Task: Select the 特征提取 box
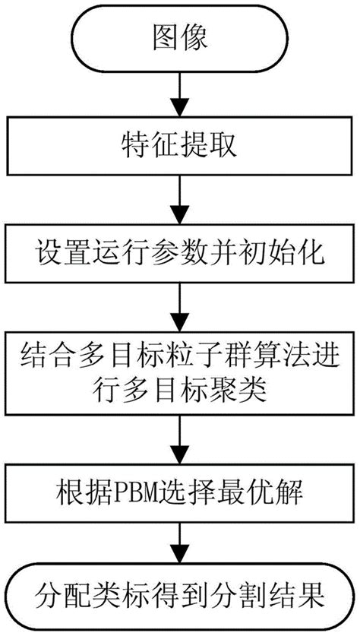pos(179,144)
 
